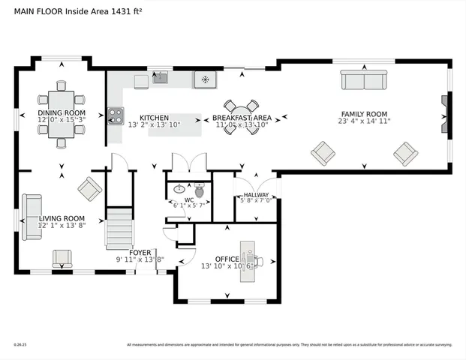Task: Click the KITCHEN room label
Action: pyautogui.click(x=153, y=118)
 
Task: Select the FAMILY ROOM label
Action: pyautogui.click(x=364, y=113)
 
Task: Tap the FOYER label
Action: pyautogui.click(x=140, y=253)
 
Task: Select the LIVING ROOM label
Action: pyautogui.click(x=62, y=217)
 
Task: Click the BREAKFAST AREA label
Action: pyautogui.click(x=241, y=118)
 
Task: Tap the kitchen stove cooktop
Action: pyautogui.click(x=116, y=115)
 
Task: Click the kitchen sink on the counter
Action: pyautogui.click(x=160, y=77)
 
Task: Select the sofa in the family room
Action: pyautogui.click(x=363, y=79)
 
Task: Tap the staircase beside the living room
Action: pyautogui.click(x=118, y=229)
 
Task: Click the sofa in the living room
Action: pyautogui.click(x=32, y=217)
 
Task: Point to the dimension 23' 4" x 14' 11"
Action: pyautogui.click(x=364, y=121)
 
